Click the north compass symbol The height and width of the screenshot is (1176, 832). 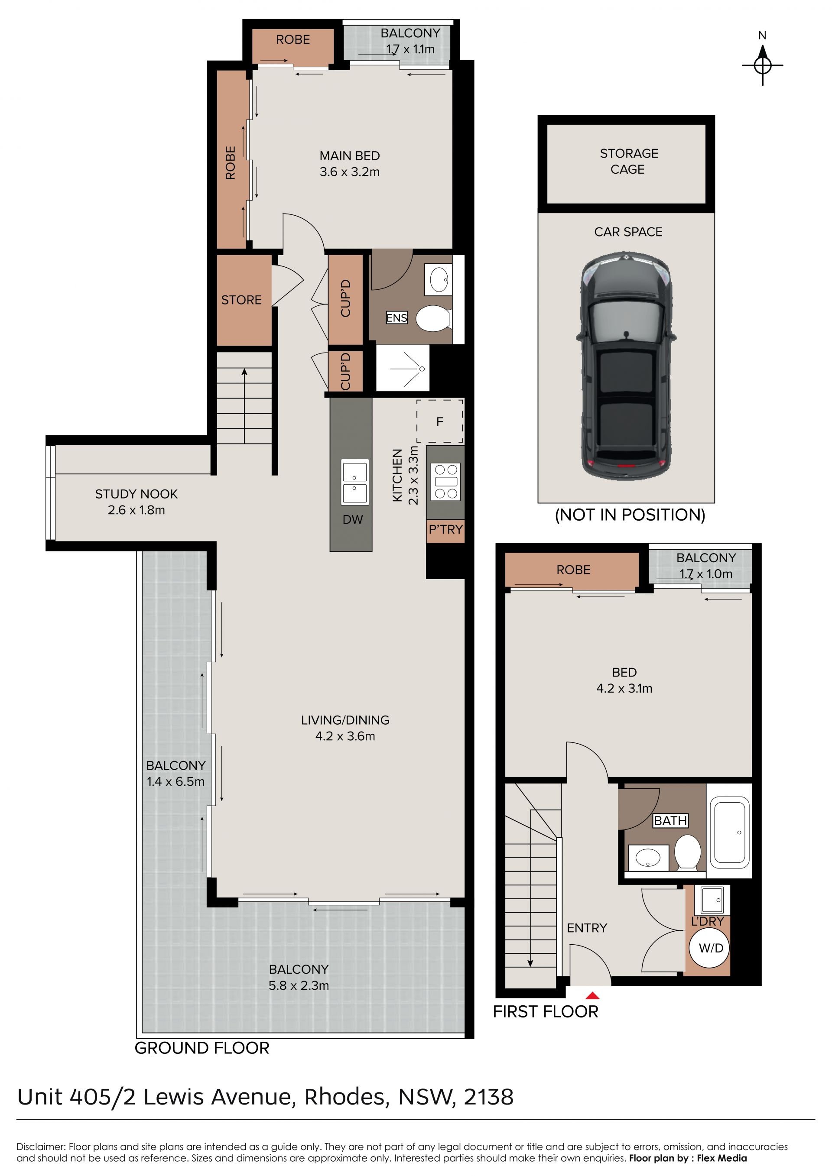coord(762,65)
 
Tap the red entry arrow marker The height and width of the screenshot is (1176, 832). coord(592,995)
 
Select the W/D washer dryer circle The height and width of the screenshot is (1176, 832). coord(711,948)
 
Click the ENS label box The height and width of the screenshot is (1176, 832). coord(396,317)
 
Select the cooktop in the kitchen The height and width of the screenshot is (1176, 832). coord(446,482)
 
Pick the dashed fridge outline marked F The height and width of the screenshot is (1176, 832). coord(439,421)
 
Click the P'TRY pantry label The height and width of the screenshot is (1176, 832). coord(446,529)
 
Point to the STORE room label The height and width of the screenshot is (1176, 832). coord(241,300)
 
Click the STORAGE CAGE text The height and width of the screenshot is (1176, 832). coord(629,161)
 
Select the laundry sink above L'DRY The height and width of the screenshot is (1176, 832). coord(712,900)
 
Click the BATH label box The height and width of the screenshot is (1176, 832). coord(670,820)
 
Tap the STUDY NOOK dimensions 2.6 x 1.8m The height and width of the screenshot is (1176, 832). coord(136,510)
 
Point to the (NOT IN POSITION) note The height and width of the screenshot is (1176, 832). coord(630,514)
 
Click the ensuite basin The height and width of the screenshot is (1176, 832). coord(438,280)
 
